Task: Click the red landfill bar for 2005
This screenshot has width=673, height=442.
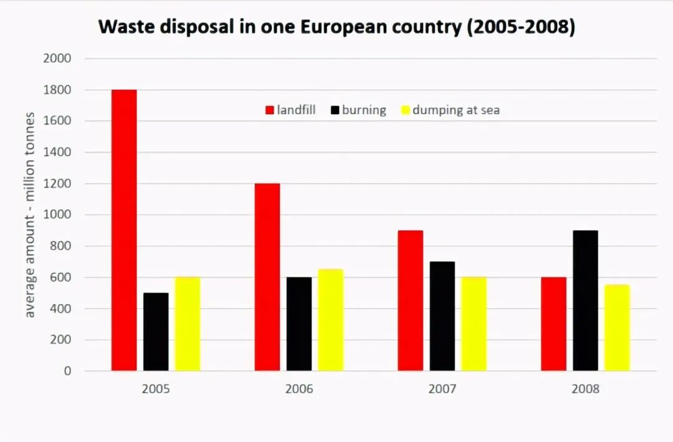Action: point(124,230)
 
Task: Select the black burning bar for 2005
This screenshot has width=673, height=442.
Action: point(156,332)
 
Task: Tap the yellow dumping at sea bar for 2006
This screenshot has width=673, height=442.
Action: point(330,320)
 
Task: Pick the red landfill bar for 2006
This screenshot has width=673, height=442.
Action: point(267,277)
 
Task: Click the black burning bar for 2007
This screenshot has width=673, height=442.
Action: point(442,316)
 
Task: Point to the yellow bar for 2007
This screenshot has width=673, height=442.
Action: point(474,324)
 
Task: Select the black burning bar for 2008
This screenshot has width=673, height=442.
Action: point(585,300)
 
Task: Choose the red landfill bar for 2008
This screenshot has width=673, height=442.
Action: point(553,324)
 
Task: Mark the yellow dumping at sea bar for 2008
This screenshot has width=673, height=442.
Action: point(617,328)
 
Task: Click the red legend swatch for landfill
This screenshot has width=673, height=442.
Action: point(270,110)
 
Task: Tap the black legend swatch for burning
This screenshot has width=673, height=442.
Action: point(335,110)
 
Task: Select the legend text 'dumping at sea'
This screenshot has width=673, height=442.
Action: point(456,110)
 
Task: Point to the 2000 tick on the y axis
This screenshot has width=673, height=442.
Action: point(57,59)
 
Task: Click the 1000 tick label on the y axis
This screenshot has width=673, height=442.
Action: point(57,215)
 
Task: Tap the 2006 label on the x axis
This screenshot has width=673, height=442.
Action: point(299,389)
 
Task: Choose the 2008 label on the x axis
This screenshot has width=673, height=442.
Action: point(585,389)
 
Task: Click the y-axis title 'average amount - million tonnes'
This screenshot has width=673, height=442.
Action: point(30,215)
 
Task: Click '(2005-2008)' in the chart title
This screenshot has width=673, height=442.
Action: point(520,27)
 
